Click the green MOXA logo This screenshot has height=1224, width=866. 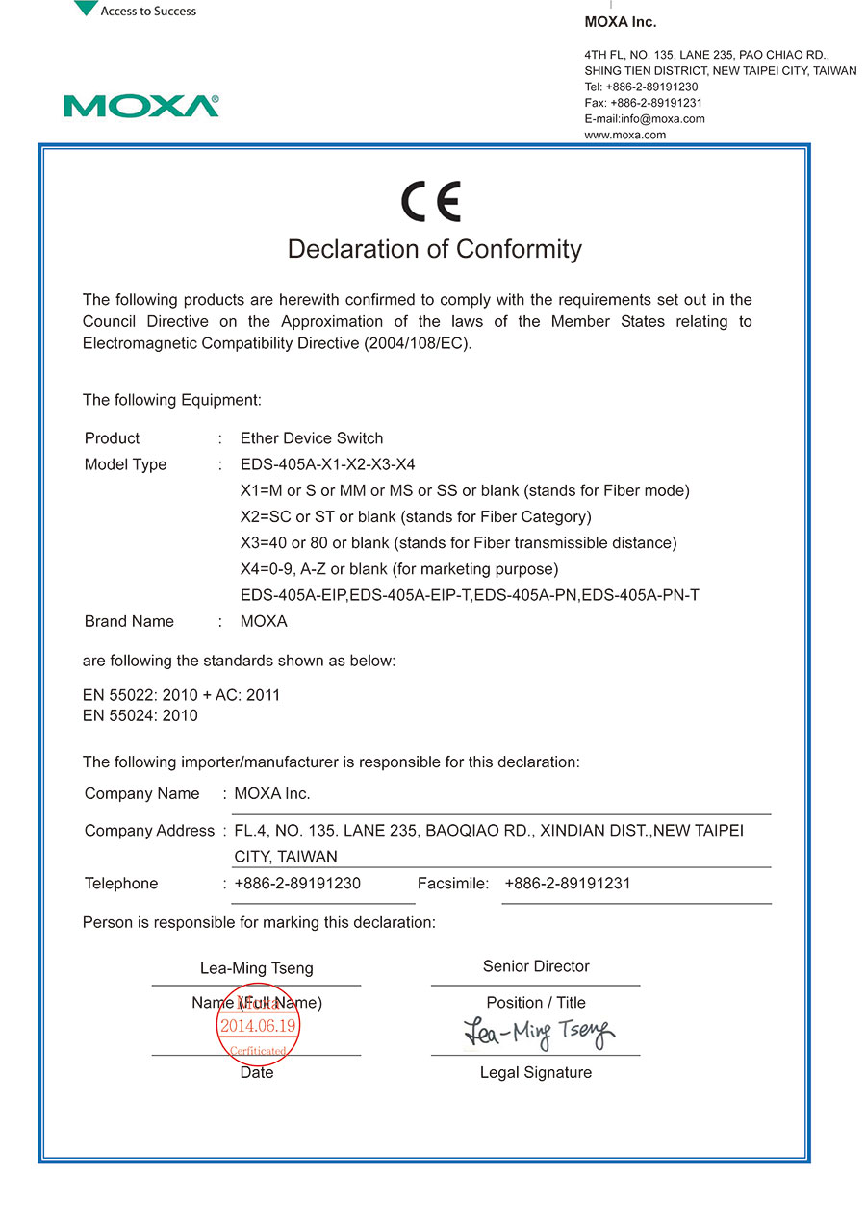(140, 106)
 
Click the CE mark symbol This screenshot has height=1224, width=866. (431, 202)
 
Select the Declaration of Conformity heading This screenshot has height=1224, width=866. (435, 250)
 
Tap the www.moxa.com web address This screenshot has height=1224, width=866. (625, 136)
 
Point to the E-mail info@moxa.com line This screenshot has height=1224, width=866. (645, 119)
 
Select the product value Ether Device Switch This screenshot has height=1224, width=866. (312, 438)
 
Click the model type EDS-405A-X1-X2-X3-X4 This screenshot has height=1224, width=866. (328, 464)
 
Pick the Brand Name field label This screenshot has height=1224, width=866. (129, 621)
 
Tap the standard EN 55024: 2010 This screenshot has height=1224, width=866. (140, 715)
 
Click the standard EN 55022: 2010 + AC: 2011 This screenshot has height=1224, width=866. (181, 695)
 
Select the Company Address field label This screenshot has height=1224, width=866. (149, 831)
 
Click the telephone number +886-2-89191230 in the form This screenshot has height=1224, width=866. (297, 884)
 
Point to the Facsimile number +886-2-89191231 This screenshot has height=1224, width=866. (567, 884)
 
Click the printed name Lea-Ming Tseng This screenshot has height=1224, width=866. (256, 968)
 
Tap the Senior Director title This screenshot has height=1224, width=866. (536, 966)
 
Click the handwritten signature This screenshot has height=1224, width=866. (539, 1033)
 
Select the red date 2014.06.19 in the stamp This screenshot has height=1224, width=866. (259, 1026)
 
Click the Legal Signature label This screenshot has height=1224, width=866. (536, 1072)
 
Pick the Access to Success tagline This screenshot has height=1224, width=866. (148, 12)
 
